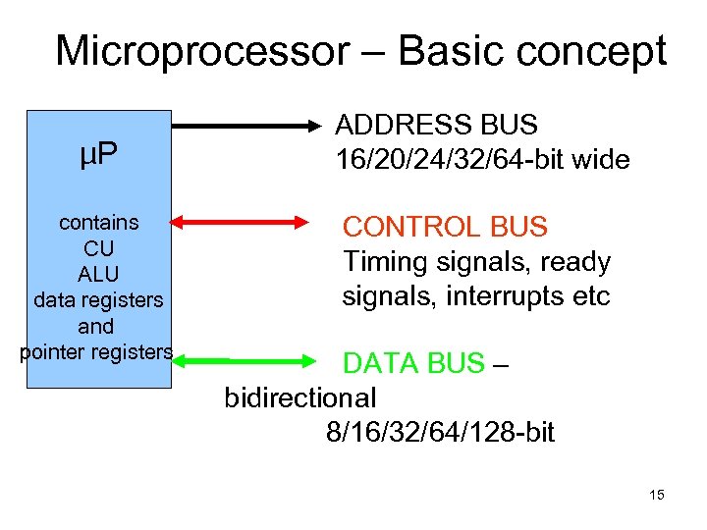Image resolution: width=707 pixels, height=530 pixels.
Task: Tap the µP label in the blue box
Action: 98,154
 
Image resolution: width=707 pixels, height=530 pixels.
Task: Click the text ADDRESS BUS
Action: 436,125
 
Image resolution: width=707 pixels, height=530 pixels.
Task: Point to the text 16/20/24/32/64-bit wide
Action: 482,160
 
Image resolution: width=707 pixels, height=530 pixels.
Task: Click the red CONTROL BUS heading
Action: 445,228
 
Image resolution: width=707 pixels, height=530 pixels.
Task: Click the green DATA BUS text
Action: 413,364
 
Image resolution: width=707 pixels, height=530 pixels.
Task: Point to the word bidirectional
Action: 300,397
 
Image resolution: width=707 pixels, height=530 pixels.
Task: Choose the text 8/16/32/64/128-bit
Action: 441,432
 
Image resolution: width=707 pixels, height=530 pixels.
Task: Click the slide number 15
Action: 657,495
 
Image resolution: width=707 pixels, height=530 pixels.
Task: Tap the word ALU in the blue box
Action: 98,274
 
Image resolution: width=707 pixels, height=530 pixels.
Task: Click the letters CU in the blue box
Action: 98,248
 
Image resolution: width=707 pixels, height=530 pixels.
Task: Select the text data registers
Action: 98,300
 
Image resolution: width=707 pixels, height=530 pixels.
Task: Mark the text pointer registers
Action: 97,351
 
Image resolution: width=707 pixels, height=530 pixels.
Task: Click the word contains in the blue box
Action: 98,223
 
